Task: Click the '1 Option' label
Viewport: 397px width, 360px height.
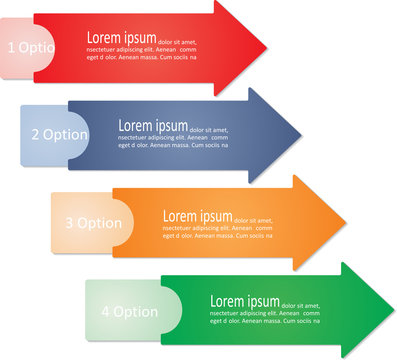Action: coord(31,47)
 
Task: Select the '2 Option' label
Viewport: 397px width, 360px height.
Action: coord(60,134)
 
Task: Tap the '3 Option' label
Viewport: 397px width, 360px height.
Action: coord(93,223)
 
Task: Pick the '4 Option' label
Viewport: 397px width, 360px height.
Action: coord(129,311)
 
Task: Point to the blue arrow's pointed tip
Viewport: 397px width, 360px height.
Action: coord(300,135)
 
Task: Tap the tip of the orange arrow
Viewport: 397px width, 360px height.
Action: coord(345,223)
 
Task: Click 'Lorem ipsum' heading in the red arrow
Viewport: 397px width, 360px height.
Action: coord(121,38)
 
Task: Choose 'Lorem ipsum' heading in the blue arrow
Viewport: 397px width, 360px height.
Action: coord(153,126)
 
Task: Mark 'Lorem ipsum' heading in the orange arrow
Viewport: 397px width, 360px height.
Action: coord(197,215)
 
